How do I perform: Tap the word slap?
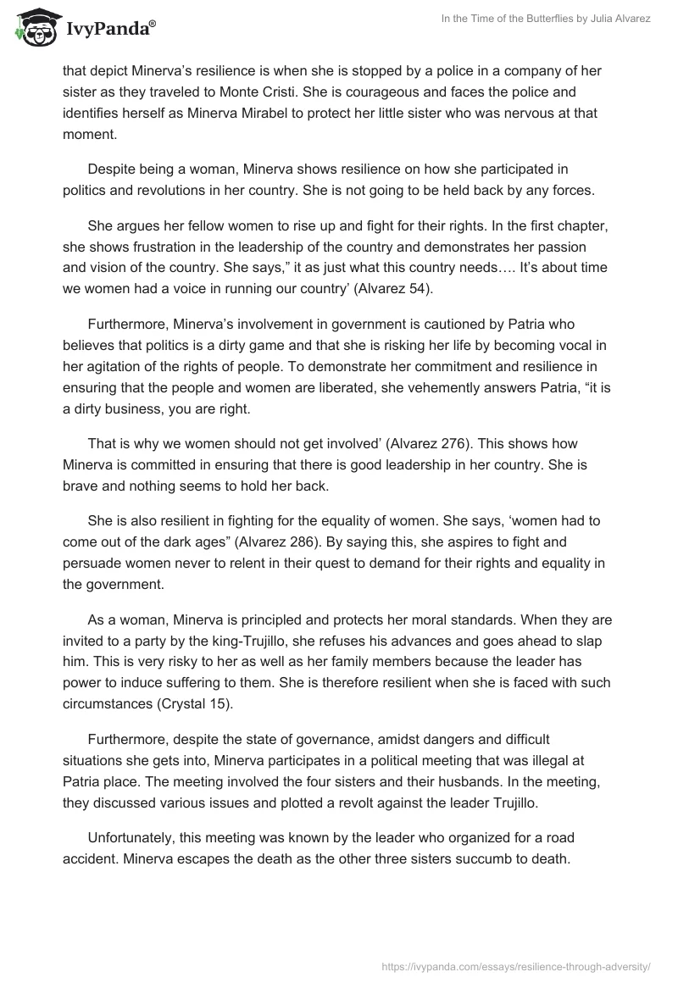point(597,641)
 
